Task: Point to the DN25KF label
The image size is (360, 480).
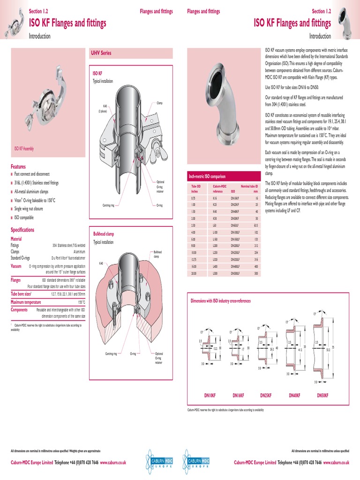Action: point(267,396)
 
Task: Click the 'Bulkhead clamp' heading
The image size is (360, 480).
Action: point(104,234)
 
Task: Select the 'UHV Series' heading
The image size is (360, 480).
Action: point(101,53)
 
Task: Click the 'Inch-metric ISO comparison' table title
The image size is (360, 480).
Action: point(207,176)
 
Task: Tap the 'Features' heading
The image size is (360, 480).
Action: point(18,166)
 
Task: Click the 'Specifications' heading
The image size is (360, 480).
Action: point(22,230)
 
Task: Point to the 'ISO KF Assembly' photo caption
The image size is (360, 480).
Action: point(24,149)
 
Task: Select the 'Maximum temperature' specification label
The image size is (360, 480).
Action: point(27,302)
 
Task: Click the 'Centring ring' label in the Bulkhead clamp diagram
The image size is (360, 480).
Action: point(111,353)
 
